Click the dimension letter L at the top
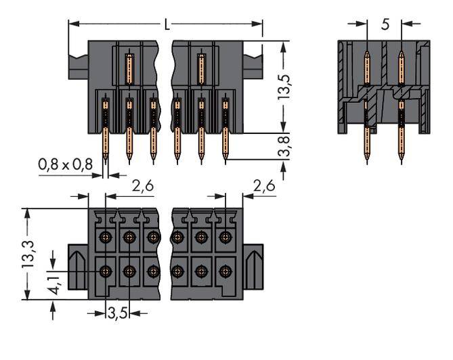pyautogui.click(x=167, y=24)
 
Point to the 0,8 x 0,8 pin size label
pyautogui.click(x=65, y=164)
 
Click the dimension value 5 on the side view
pyautogui.click(x=385, y=24)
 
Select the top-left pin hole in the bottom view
pyautogui.click(x=106, y=238)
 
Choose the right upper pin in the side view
pyautogui.click(x=401, y=68)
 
